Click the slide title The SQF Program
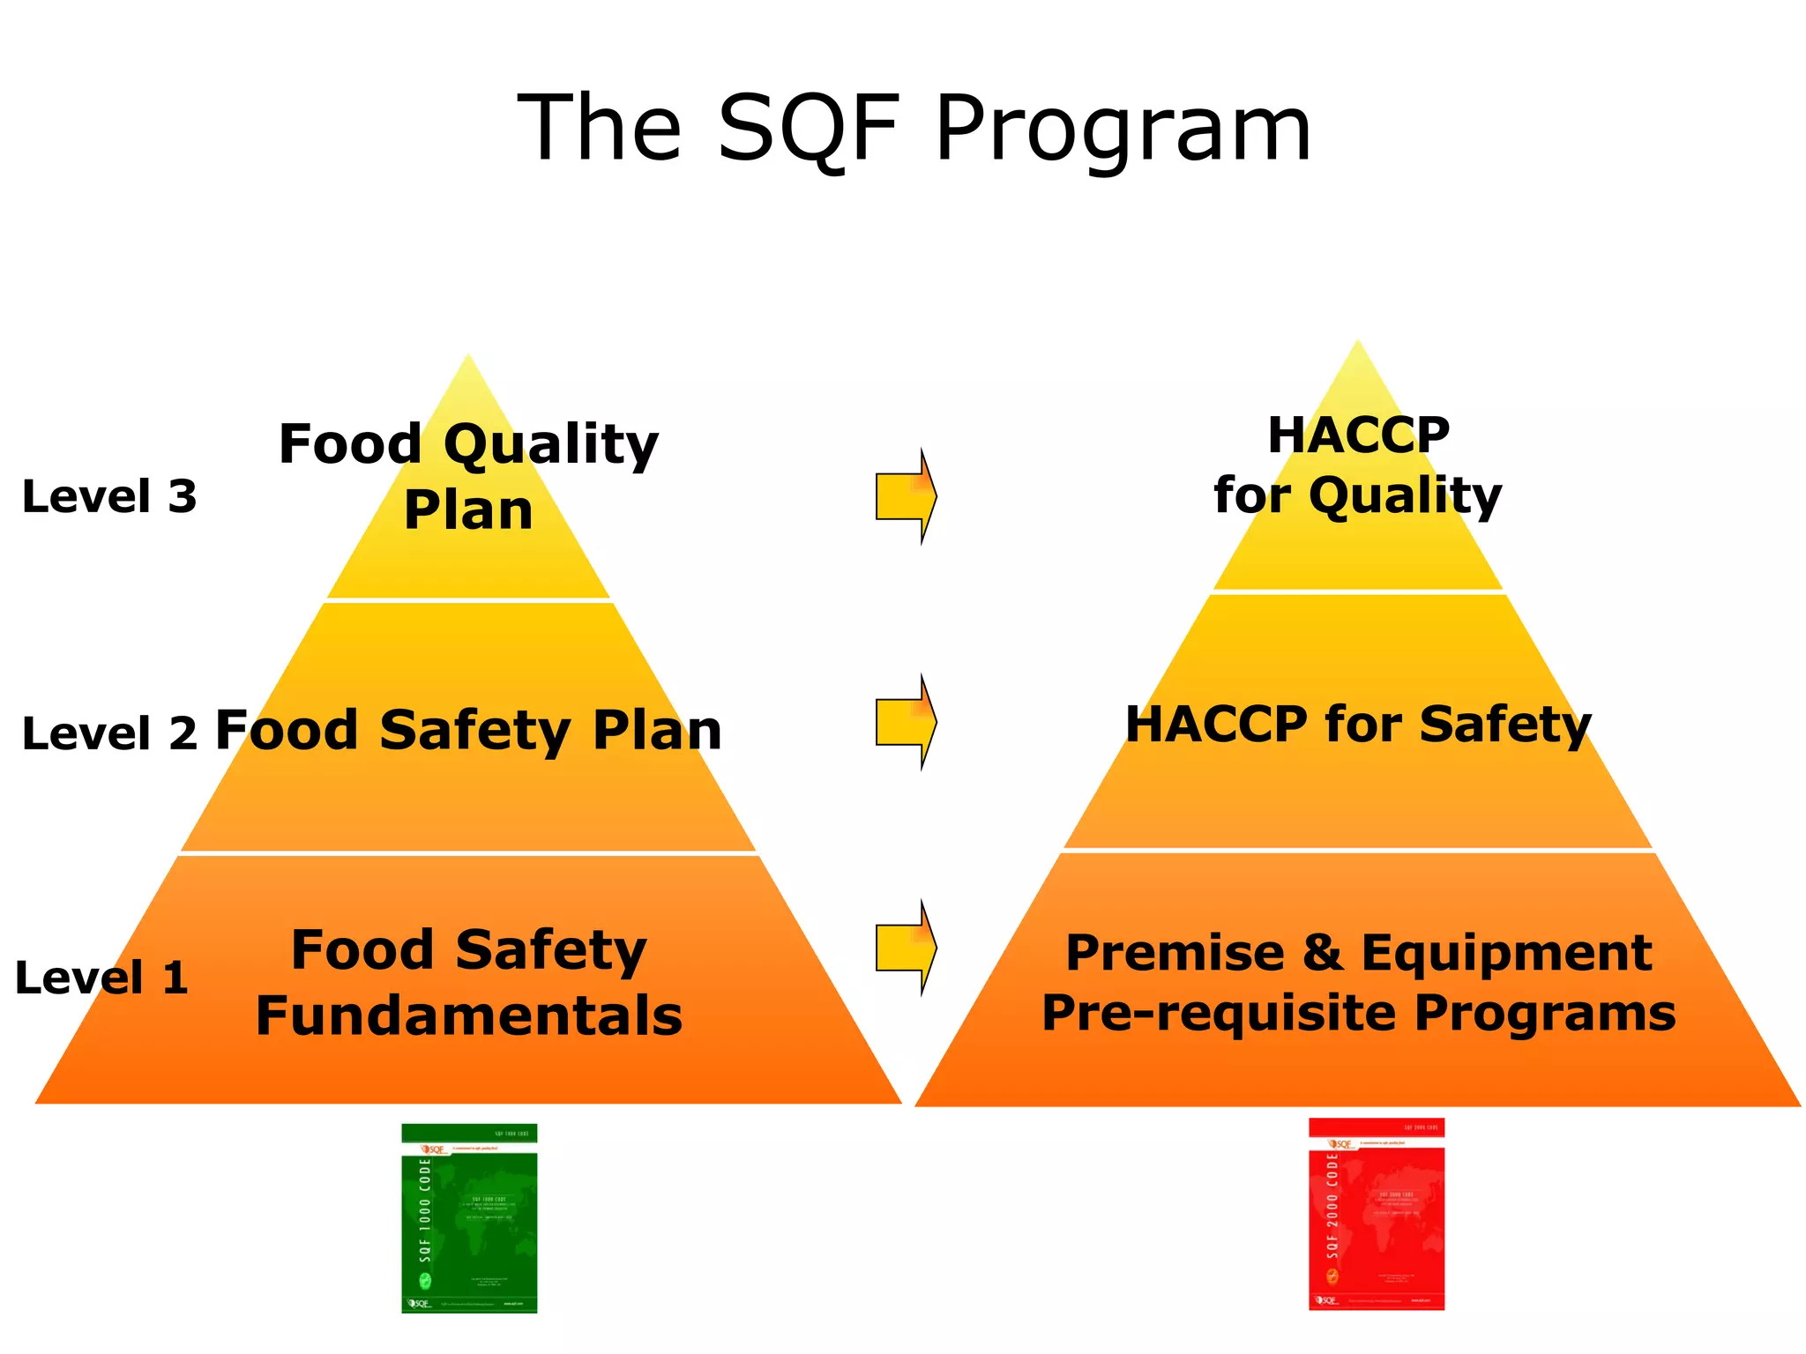[914, 130]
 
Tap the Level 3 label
[109, 496]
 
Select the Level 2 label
[109, 733]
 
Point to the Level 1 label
[102, 978]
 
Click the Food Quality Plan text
[468, 476]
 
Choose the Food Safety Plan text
[468, 731]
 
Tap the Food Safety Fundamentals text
[468, 982]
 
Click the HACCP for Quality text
[1358, 465]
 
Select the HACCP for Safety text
[1358, 725]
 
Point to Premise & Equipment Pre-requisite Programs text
[1358, 982]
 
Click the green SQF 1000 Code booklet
[469, 1218]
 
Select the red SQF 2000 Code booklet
[1377, 1214]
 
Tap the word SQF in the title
[808, 130]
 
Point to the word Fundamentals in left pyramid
[468, 1015]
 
